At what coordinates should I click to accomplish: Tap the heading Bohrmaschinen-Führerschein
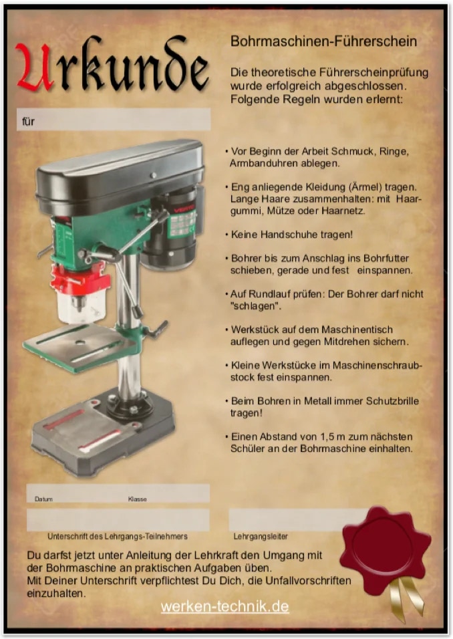point(323,41)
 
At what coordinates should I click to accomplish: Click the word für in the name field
point(28,121)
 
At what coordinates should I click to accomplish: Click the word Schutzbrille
point(392,400)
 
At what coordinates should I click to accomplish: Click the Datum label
point(43,499)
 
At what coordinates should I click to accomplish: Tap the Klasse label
point(137,499)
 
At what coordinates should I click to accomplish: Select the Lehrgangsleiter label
point(261,536)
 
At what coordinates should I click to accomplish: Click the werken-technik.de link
point(225,606)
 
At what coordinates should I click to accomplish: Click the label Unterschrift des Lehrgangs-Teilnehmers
point(118,536)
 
